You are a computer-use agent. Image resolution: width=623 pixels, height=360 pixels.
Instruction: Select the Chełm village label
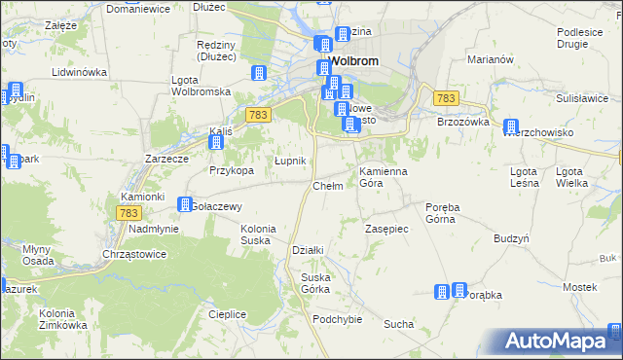coord(327,186)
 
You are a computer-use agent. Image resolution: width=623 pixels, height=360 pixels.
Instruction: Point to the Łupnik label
coord(290,161)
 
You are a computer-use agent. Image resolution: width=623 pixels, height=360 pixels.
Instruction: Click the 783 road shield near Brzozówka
coord(446,98)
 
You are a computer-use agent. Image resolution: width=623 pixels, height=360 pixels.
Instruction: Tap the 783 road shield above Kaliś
coord(257,115)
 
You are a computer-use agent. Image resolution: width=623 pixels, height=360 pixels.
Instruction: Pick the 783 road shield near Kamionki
coord(128,212)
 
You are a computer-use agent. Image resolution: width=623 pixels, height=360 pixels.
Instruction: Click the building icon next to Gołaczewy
coord(185,204)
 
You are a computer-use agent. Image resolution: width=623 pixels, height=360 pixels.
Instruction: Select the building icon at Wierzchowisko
coord(510,126)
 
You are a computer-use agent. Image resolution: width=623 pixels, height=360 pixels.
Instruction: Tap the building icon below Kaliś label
coord(216,143)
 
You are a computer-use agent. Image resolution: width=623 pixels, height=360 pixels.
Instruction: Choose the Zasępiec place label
coord(386,229)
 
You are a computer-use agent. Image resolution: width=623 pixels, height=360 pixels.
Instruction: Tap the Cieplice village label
coord(227,314)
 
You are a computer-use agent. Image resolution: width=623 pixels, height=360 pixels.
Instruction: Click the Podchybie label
coord(337,319)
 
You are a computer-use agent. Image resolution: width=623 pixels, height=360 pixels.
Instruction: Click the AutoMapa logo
coord(563,342)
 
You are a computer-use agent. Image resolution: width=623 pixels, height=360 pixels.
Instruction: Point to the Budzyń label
coord(511,238)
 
